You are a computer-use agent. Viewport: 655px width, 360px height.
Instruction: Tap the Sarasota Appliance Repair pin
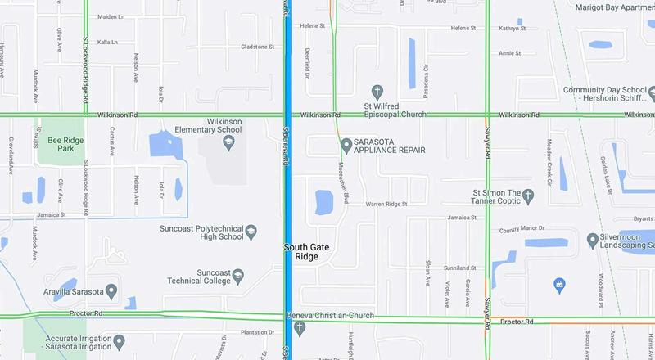click(346, 145)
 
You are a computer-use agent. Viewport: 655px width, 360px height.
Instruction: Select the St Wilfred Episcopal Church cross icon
click(377, 91)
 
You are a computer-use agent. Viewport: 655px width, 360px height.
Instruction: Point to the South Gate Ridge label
click(300, 251)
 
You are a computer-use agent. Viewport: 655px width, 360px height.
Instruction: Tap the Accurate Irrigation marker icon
click(120, 340)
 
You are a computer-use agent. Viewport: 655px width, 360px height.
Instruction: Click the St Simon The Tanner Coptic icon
click(528, 196)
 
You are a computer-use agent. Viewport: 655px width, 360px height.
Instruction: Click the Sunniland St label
click(459, 268)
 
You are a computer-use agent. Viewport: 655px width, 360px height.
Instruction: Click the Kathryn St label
click(512, 28)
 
